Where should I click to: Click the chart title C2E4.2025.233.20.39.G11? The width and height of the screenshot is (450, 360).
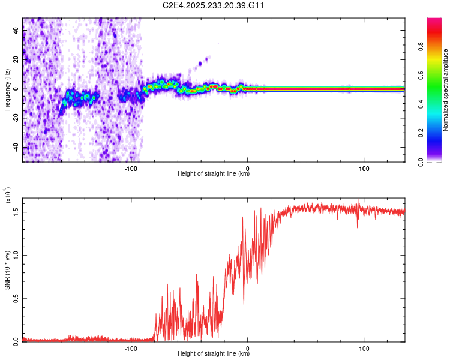point(214,5)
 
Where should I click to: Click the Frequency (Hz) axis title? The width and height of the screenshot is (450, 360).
point(7,89)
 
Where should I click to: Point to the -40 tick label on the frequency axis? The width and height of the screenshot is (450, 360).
point(16,147)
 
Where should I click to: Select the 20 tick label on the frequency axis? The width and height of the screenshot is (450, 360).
point(16,59)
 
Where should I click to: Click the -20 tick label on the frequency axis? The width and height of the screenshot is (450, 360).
point(16,118)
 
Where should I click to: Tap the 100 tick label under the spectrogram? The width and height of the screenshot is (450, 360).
point(364,168)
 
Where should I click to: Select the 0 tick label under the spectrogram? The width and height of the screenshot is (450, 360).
point(248,168)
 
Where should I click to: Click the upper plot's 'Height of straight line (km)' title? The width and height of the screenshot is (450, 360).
point(214,174)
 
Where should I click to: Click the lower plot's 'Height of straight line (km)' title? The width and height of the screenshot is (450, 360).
point(214,353)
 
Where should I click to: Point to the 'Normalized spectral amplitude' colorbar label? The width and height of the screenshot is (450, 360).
point(446,90)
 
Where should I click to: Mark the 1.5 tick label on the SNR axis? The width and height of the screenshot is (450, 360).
point(16,212)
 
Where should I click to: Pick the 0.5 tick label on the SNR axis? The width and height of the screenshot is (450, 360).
point(16,298)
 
